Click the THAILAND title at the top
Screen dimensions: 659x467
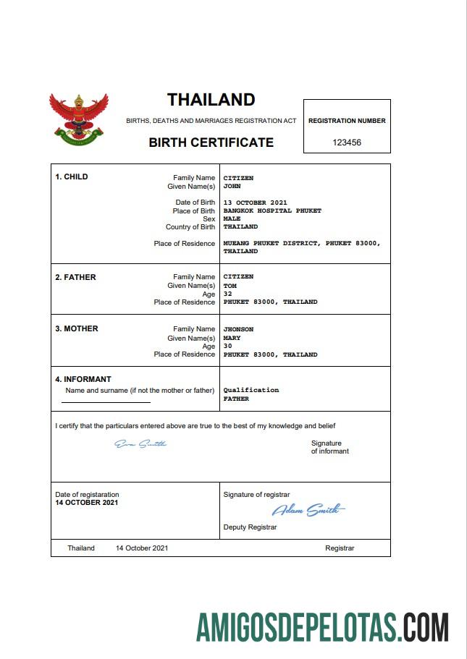pos(211,100)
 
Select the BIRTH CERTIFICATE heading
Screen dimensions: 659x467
pos(211,143)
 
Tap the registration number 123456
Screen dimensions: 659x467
pos(347,143)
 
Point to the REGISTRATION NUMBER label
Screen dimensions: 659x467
pos(347,121)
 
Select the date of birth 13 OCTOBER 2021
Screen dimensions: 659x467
pos(256,203)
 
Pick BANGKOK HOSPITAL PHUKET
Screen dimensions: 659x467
pos(272,211)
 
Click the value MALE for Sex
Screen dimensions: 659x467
pos(232,218)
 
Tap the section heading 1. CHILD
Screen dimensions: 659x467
pos(72,177)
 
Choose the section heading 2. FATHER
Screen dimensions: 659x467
pos(75,277)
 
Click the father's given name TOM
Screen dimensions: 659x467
pos(230,286)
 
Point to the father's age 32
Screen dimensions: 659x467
pos(228,294)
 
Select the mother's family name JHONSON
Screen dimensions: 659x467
pos(238,329)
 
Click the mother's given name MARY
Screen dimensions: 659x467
pos(232,338)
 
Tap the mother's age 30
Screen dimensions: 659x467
pos(228,346)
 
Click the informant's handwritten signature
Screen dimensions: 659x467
pos(140,443)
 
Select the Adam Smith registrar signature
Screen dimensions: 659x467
pos(307,510)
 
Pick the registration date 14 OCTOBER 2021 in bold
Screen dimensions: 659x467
pos(87,502)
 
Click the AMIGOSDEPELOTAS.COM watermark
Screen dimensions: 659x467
pos(322,626)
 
